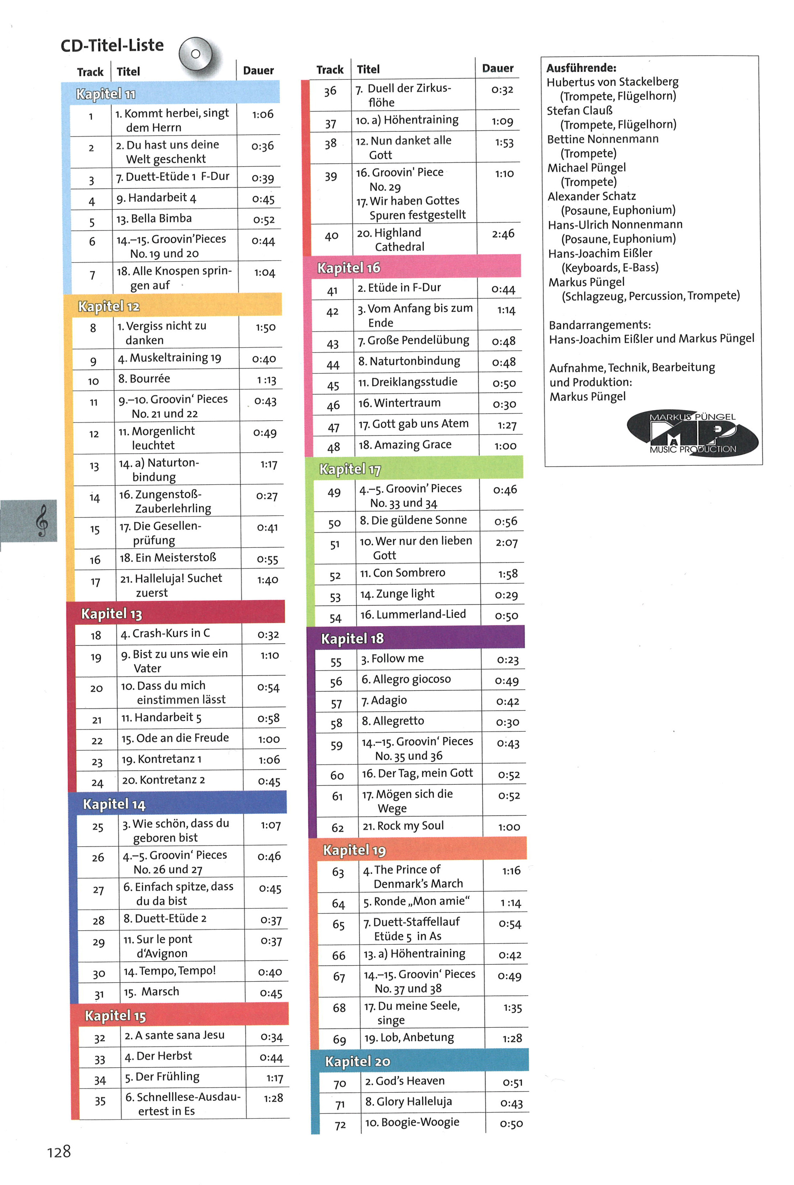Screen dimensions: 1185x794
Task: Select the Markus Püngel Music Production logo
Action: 692,433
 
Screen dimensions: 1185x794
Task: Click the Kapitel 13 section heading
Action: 112,614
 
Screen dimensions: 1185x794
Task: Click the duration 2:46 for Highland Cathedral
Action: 503,234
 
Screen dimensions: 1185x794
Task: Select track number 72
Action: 340,1125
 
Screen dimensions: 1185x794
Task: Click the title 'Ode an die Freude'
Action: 182,738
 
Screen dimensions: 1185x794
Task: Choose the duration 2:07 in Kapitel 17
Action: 506,543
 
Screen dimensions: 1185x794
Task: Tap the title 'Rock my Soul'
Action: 410,826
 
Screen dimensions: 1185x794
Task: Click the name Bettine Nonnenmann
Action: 603,139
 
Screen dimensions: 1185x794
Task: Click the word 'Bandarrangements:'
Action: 600,324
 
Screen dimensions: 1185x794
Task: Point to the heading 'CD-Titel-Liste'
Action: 112,46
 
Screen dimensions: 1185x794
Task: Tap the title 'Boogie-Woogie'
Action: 420,1122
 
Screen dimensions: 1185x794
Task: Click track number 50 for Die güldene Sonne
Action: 334,523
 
